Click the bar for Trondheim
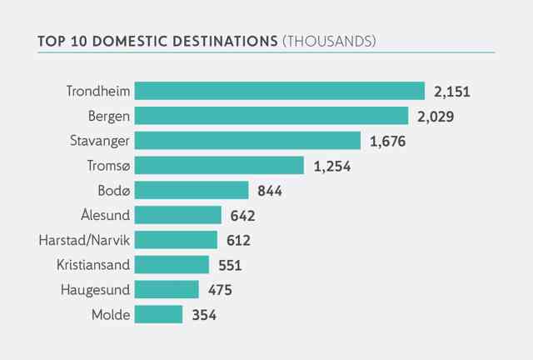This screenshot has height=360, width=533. (280, 91)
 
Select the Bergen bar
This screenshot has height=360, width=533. (271, 116)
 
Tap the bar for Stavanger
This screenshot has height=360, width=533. (247, 141)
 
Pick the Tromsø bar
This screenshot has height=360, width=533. (219, 165)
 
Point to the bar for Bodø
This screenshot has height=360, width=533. (192, 190)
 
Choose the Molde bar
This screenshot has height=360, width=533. (158, 314)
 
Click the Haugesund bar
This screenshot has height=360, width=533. (167, 289)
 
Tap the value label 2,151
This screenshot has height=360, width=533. (451, 92)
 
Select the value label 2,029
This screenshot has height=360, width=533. (436, 117)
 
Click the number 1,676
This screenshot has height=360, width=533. (387, 142)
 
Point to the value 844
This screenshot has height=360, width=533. (270, 191)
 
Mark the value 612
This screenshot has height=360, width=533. (239, 241)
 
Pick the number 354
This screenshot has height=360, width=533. (204, 315)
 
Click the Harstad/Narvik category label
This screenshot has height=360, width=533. (84, 240)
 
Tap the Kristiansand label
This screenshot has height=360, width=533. (93, 265)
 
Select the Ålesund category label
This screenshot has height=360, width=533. (106, 215)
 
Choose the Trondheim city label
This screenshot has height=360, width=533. (98, 91)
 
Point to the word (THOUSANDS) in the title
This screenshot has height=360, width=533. (329, 41)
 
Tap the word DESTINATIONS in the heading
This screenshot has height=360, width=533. (225, 41)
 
